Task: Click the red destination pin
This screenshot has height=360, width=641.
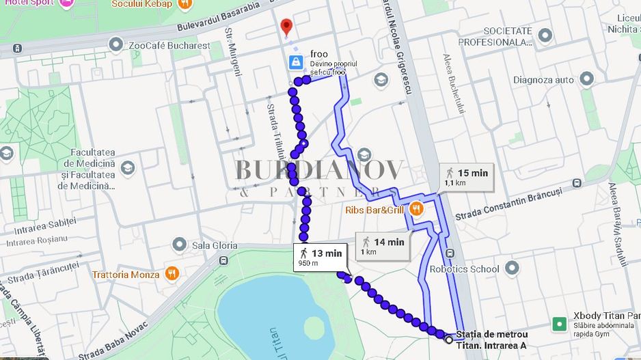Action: (x=286, y=27)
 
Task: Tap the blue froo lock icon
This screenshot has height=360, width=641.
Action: (x=295, y=63)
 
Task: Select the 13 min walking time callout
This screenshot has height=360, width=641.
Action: (x=320, y=257)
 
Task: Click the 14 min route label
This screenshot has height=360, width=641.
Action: (x=383, y=246)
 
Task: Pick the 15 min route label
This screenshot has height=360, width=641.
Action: (x=467, y=177)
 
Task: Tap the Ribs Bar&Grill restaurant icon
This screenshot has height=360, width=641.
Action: (x=415, y=209)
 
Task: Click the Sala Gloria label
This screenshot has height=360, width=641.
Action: (x=215, y=245)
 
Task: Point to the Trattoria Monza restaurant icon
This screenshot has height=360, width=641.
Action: (x=172, y=275)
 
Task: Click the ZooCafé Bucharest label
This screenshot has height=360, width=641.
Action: (x=169, y=46)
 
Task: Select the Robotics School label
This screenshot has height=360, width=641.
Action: (x=464, y=269)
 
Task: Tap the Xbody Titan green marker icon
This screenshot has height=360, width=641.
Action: (x=559, y=324)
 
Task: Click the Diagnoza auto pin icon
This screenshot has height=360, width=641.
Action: (x=586, y=80)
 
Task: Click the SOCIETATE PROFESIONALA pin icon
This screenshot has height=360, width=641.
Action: (x=545, y=35)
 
